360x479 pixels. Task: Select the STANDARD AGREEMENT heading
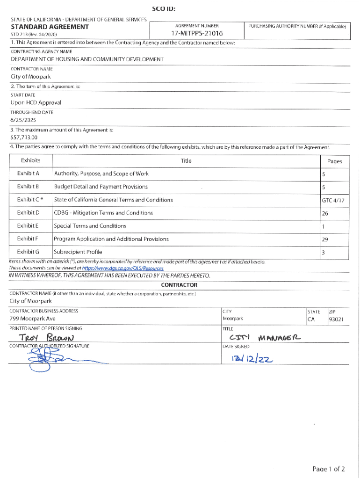click(x=50, y=27)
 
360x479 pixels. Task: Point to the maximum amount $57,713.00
click(x=24, y=138)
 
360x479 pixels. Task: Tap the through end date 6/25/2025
click(x=23, y=120)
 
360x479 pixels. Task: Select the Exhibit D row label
click(x=28, y=213)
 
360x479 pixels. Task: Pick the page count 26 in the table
click(x=325, y=214)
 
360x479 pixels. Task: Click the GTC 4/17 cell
click(x=332, y=200)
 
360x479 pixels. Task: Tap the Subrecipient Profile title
click(x=78, y=252)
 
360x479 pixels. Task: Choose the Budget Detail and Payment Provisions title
click(x=101, y=187)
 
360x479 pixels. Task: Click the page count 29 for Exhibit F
click(x=325, y=239)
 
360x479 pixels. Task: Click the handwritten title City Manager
click(x=265, y=338)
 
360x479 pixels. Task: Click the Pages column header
click(x=335, y=161)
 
